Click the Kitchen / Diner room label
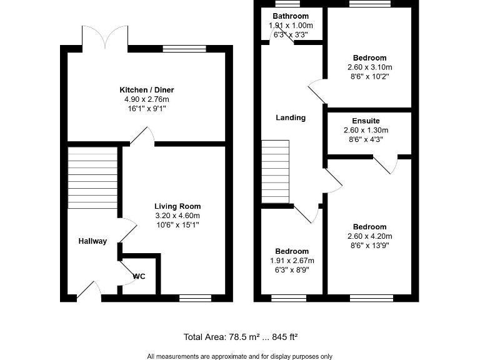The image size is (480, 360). point(147,90)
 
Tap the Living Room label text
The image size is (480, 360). point(177,206)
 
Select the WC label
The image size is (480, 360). point(139,276)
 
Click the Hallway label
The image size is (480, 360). point(92,241)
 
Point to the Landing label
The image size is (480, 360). point(291,117)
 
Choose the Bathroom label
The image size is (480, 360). point(291,16)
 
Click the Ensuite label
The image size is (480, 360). point(366,121)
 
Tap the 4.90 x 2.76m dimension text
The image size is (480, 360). point(147,99)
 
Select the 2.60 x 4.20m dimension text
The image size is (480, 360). point(369,236)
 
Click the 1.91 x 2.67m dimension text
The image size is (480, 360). point(291,261)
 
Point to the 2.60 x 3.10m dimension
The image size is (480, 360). point(369,67)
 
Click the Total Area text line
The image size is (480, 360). point(240,337)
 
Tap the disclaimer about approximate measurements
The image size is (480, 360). point(240,356)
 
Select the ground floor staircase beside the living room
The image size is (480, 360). point(92,178)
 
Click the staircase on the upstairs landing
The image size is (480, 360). point(276,171)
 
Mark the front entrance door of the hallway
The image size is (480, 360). point(89,290)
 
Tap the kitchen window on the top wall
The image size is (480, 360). point(184,48)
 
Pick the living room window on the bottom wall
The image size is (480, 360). point(195,298)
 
